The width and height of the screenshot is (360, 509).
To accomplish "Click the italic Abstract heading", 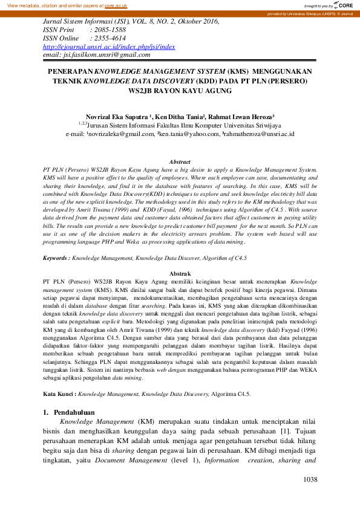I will [x=180, y=162].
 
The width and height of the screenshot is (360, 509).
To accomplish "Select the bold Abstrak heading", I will [x=180, y=274].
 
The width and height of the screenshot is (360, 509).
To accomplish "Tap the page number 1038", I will [x=310, y=480].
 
